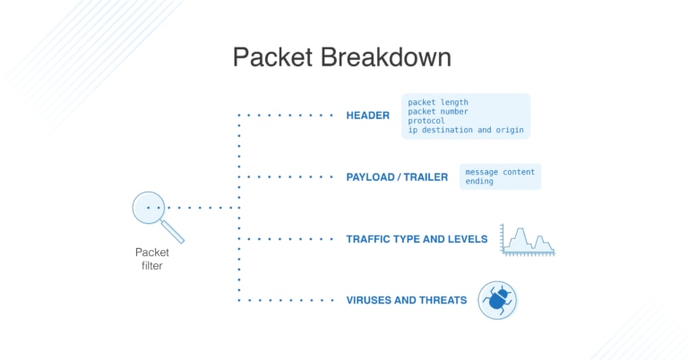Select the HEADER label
pyautogui.click(x=367, y=116)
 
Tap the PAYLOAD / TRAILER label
pyautogui.click(x=396, y=177)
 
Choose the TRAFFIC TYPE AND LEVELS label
pyautogui.click(x=417, y=239)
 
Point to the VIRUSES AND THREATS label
pyautogui.click(x=406, y=300)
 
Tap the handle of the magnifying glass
pyautogui.click(x=174, y=232)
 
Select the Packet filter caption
pyautogui.click(x=151, y=259)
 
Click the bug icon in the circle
pyautogui.click(x=496, y=300)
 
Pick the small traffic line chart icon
pyautogui.click(x=528, y=240)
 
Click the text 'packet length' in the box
pyautogui.click(x=438, y=103)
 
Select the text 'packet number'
pyautogui.click(x=438, y=112)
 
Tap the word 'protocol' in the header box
pyautogui.click(x=426, y=121)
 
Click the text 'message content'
pyautogui.click(x=500, y=172)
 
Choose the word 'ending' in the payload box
pyautogui.click(x=479, y=181)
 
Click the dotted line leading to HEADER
pyautogui.click(x=287, y=116)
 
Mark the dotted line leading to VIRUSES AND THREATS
pyautogui.click(x=287, y=300)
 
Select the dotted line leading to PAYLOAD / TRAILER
pyautogui.click(x=287, y=177)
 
